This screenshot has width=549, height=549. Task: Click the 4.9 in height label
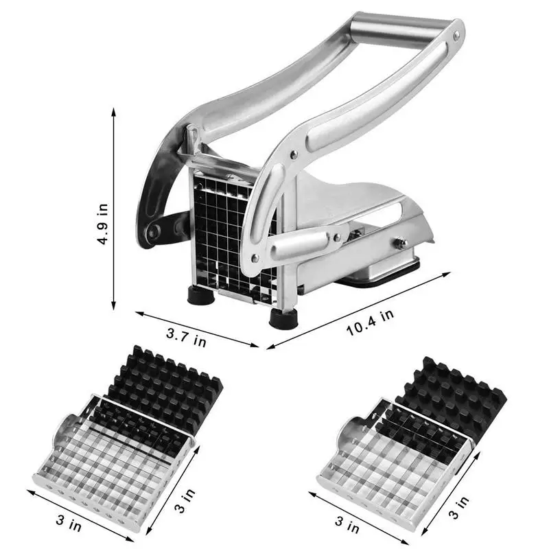coord(103,224)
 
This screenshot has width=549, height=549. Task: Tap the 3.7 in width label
coord(186,337)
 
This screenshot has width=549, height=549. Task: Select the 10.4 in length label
coord(370,323)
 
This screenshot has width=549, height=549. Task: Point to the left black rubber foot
coord(200,296)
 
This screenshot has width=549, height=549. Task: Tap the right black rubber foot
coord(283,319)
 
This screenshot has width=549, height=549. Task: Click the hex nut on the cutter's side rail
coord(401,243)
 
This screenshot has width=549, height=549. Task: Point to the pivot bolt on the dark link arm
coord(153,231)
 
